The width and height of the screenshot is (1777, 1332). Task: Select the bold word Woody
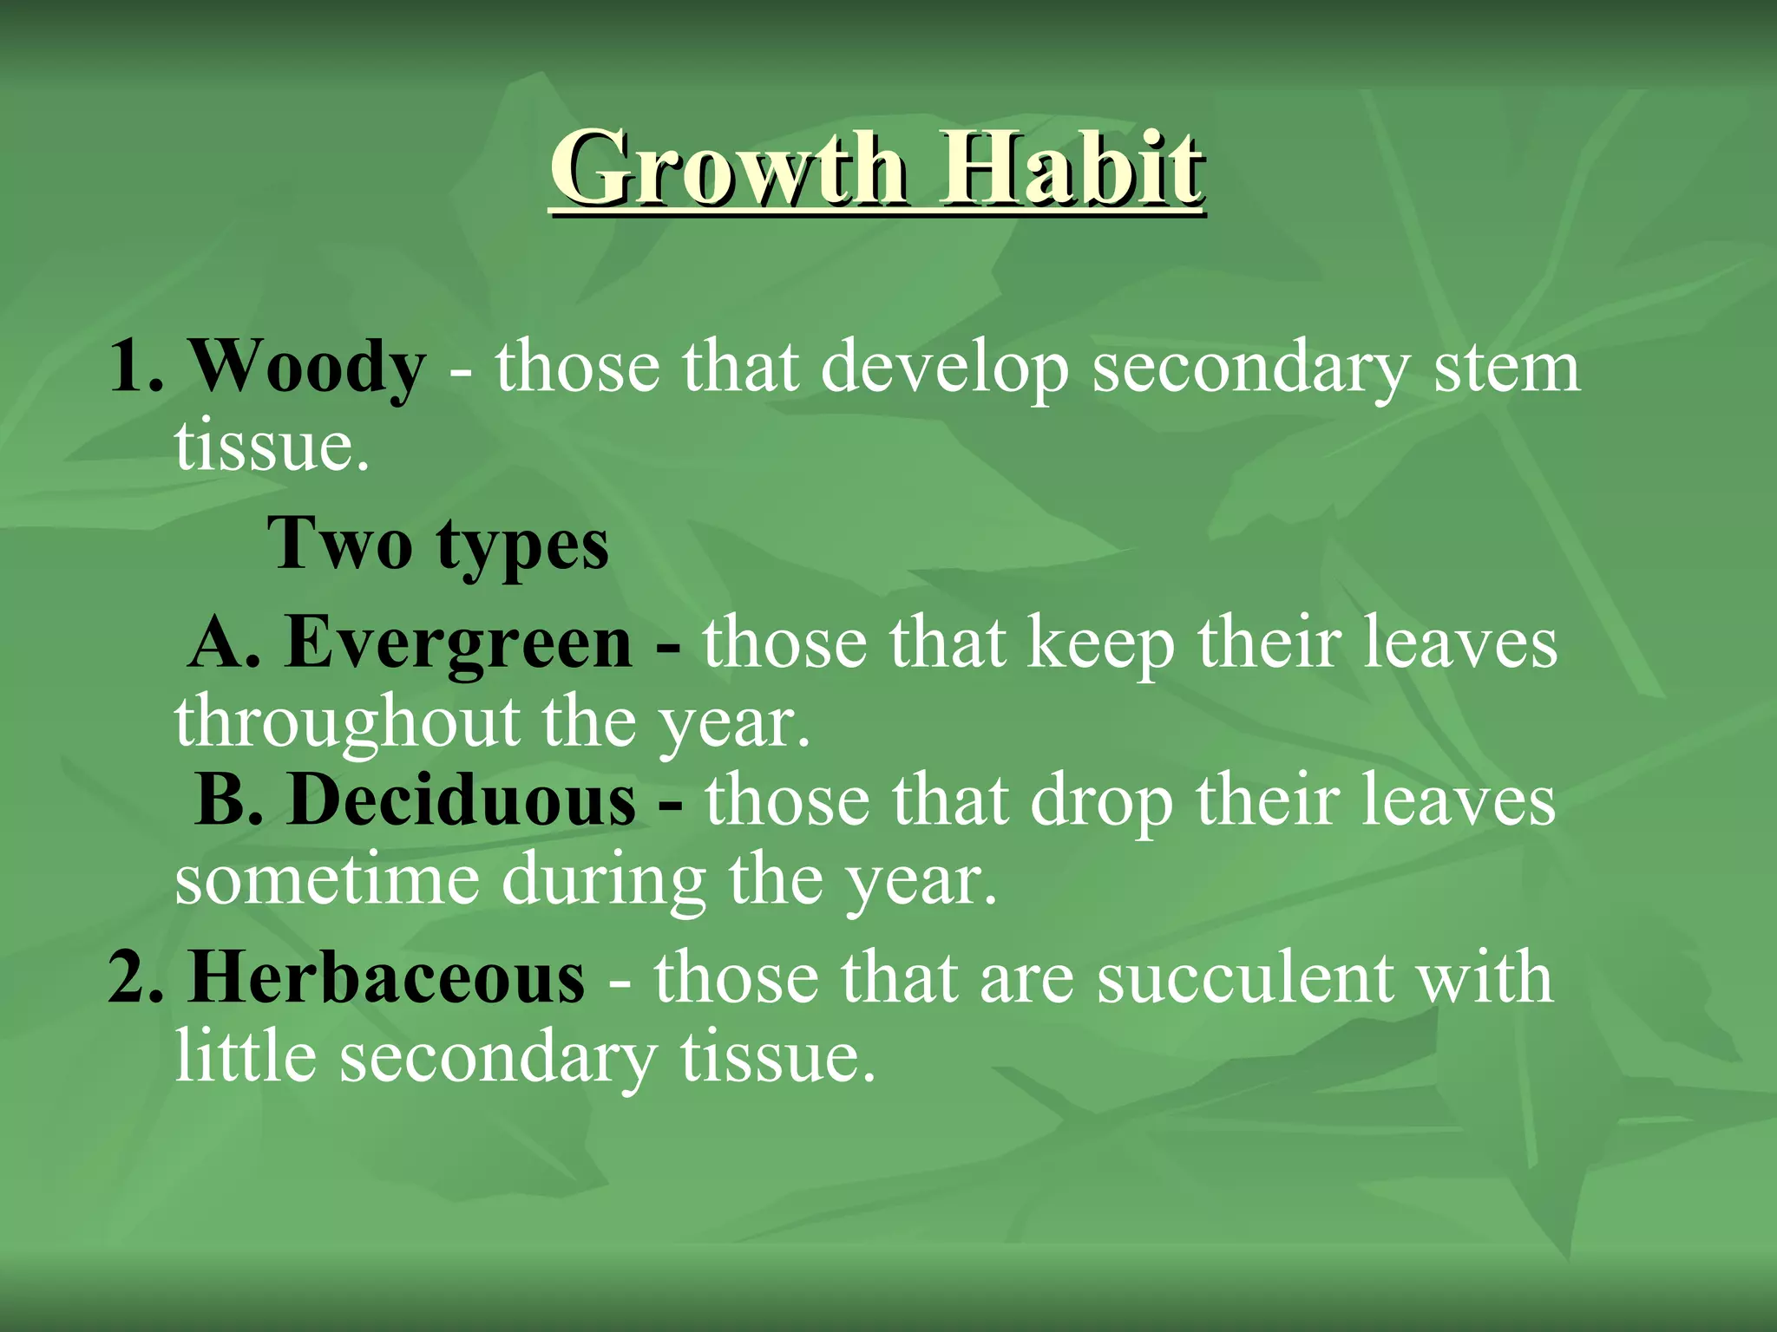pyautogui.click(x=307, y=368)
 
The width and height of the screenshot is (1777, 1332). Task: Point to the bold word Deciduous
pyautogui.click(x=462, y=800)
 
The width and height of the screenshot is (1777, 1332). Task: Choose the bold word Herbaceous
pyautogui.click(x=387, y=978)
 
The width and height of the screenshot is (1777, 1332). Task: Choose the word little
pyautogui.click(x=246, y=1056)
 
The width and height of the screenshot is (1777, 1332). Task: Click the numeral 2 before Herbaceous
pyautogui.click(x=124, y=978)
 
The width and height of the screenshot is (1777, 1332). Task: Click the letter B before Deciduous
pyautogui.click(x=219, y=800)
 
